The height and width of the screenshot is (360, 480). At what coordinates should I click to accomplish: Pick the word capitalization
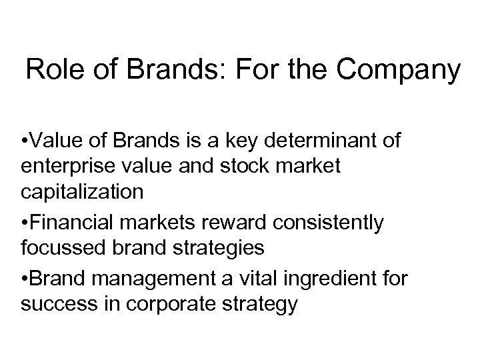click(81, 192)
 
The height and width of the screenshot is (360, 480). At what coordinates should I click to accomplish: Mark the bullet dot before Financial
click(24, 223)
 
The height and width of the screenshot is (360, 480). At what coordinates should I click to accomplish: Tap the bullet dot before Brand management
click(24, 277)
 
